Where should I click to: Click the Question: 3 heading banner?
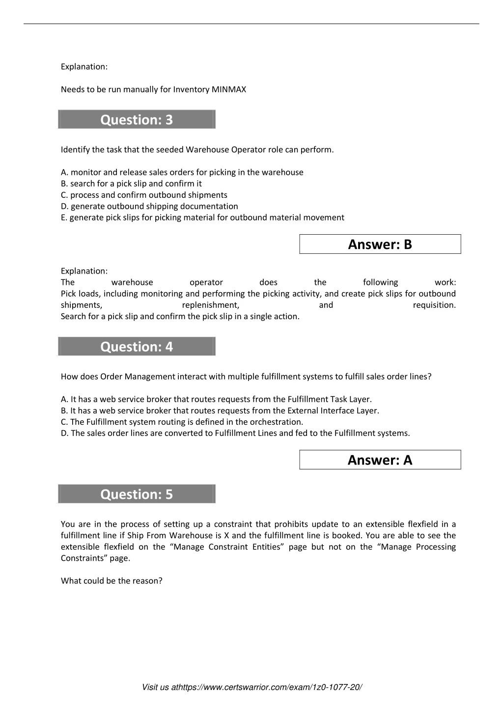click(x=137, y=120)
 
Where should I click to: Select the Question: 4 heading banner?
click(x=137, y=347)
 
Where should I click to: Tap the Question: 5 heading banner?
click(x=137, y=494)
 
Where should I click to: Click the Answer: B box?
click(x=380, y=244)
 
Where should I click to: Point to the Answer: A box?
click(x=380, y=460)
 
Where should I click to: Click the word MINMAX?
click(x=229, y=89)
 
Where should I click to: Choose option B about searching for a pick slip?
click(x=131, y=184)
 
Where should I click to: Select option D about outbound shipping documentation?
click(x=149, y=206)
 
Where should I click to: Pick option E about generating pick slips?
click(x=202, y=218)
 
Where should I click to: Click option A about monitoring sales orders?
click(x=182, y=172)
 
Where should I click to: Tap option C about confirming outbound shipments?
click(x=144, y=195)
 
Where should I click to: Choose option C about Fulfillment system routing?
click(x=182, y=422)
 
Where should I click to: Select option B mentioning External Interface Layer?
click(x=220, y=410)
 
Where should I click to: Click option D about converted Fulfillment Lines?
click(x=235, y=433)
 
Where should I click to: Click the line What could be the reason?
click(x=112, y=581)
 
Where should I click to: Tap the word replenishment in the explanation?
click(x=210, y=305)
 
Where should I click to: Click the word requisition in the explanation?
click(x=434, y=305)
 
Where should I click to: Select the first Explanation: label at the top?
click(x=84, y=67)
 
